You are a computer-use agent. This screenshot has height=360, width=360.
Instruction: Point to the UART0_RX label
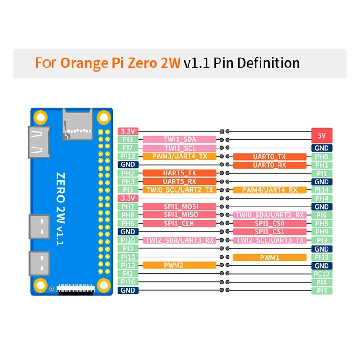(x=270, y=165)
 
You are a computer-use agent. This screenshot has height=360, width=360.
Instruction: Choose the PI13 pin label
(x=128, y=156)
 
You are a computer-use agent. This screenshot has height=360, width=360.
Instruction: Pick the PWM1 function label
(x=270, y=257)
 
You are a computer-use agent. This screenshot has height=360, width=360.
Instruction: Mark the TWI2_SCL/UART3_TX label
(x=270, y=240)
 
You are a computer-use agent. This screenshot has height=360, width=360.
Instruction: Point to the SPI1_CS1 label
(x=270, y=232)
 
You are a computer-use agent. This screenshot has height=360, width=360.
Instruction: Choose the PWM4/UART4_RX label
(x=270, y=190)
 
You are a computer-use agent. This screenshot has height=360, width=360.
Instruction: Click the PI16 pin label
(x=128, y=282)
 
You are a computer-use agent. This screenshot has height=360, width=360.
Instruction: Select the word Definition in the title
(x=268, y=63)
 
